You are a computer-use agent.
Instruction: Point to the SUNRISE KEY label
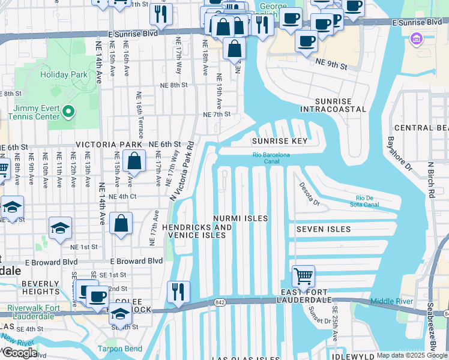[x=280, y=141]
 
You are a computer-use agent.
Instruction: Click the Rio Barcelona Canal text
[x=271, y=158]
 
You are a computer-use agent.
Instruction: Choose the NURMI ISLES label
[x=241, y=218]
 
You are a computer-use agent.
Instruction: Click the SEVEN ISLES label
[x=323, y=229]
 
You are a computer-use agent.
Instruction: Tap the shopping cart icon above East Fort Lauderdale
[x=303, y=277]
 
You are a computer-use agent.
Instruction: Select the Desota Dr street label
[x=310, y=193]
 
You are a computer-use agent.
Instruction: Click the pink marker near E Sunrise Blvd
[x=415, y=40]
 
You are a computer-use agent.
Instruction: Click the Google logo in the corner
[x=20, y=353]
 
